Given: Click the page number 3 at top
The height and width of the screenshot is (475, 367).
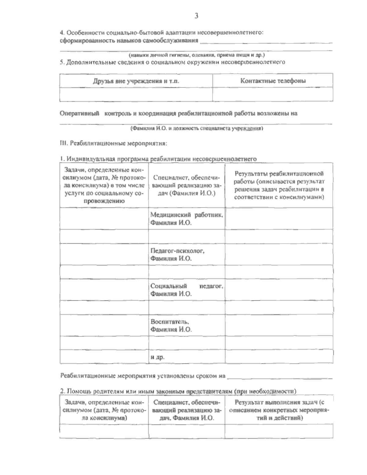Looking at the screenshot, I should click(x=196, y=16).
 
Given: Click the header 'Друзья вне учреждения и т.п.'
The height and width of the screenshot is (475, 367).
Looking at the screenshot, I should click(x=136, y=81).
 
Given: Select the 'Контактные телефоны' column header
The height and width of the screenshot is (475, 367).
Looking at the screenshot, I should click(x=273, y=81).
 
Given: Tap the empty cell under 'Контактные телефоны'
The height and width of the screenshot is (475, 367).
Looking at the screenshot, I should click(x=273, y=94).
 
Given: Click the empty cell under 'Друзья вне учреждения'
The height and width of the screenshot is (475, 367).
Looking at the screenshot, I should click(x=136, y=94).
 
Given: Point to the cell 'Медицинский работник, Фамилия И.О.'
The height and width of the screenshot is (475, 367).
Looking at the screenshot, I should click(x=187, y=219).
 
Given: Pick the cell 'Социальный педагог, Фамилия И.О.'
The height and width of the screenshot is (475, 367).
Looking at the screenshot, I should click(x=187, y=290).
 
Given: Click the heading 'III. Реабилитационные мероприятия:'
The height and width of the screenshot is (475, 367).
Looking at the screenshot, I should click(x=113, y=143).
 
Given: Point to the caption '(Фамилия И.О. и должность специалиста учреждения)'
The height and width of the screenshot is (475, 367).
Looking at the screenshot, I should click(x=196, y=129).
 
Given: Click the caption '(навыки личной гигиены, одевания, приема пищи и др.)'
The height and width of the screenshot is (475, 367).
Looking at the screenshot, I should click(x=196, y=55).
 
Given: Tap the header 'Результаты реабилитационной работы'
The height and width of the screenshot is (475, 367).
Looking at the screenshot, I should click(x=279, y=185).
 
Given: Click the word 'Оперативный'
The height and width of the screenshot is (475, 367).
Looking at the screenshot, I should click(x=80, y=113).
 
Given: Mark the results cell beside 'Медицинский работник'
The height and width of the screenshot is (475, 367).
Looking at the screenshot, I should click(x=279, y=219).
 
